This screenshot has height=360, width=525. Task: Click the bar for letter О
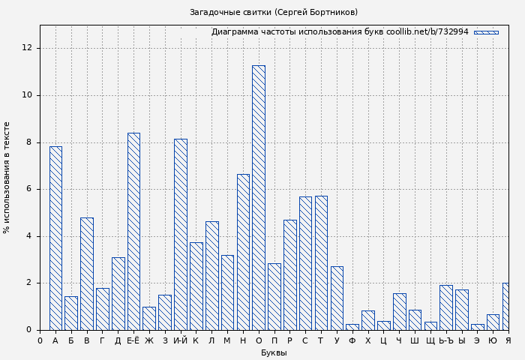[x=258, y=198]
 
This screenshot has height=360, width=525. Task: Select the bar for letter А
[x=55, y=238]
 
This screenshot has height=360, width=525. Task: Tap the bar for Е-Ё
[x=133, y=232]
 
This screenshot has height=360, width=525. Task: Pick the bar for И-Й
[x=180, y=235]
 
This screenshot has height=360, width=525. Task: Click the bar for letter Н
[x=243, y=252]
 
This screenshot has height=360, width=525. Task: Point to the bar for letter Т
[x=321, y=263]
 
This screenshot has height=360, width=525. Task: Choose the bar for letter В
[x=87, y=274]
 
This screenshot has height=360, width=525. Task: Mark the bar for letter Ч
[x=399, y=312]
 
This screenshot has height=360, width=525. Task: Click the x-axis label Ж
[x=149, y=341]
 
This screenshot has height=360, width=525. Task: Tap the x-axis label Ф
[x=352, y=341]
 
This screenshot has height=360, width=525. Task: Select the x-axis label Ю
[x=493, y=341]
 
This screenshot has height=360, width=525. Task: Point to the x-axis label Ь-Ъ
[x=445, y=341]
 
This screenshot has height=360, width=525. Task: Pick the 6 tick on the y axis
[x=29, y=189]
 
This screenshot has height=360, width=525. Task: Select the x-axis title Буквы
[x=274, y=353]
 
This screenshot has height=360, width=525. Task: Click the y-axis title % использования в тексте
[x=7, y=178]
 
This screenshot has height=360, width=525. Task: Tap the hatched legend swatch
[x=486, y=32]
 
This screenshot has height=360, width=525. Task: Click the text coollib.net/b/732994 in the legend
[x=427, y=32]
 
